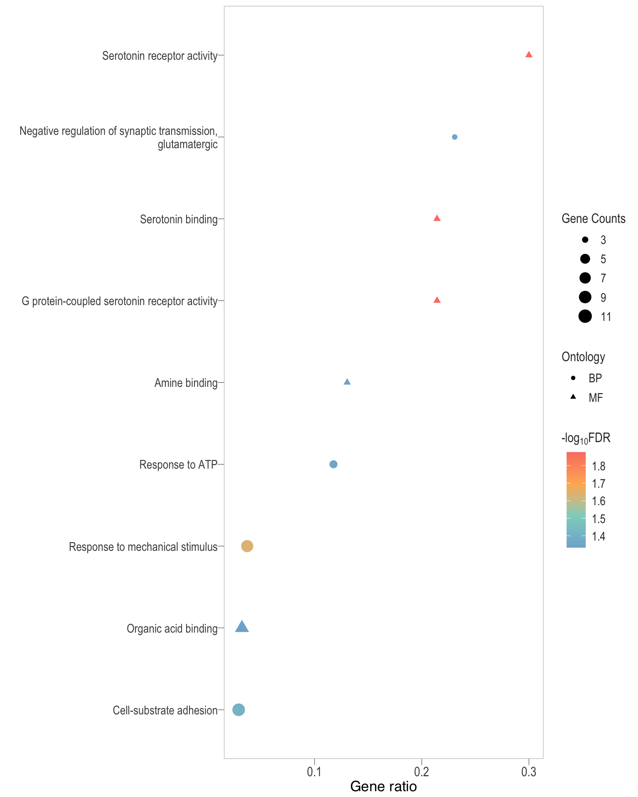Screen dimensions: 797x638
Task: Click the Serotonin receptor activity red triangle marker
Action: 528,55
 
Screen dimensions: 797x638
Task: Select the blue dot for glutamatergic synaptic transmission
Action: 454,137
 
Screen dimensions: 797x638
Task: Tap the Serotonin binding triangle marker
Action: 437,218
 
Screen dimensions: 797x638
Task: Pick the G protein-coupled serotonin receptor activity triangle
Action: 437,300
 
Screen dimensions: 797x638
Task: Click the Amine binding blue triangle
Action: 347,382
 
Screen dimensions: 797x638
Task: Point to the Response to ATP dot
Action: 333,464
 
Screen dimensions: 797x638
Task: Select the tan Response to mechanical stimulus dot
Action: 247,546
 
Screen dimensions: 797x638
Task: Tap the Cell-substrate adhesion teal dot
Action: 238,710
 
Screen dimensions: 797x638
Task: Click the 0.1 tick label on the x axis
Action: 314,772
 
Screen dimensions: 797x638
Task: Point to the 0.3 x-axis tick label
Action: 528,772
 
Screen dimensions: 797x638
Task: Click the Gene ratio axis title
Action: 383,786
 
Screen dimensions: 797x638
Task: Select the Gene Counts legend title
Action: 593,219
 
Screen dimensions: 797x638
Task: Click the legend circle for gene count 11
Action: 585,317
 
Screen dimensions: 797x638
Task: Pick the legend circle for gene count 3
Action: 585,240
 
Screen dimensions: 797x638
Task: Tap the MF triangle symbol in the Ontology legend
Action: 573,397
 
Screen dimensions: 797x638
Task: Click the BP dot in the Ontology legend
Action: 573,378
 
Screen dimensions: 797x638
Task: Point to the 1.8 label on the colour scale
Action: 599,466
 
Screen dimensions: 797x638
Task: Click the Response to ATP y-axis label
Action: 178,465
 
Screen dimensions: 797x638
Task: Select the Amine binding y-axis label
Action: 186,383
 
